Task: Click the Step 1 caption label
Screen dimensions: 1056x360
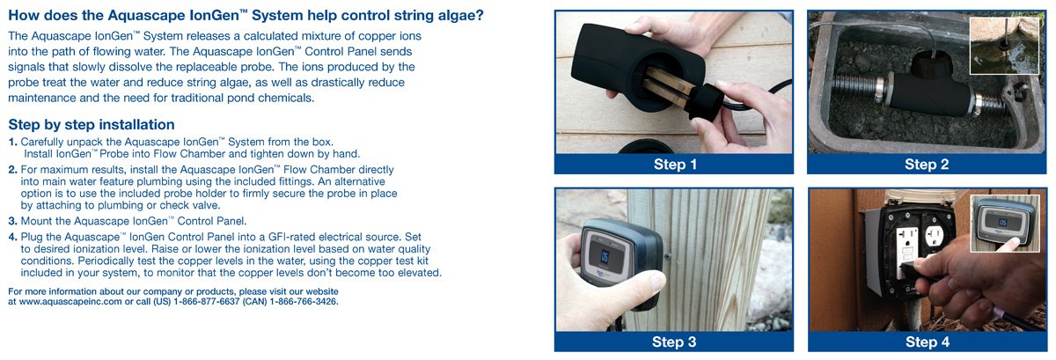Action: pos(675,165)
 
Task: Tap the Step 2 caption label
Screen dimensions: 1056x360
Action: pos(927,165)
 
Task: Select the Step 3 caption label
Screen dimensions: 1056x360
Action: pos(674,342)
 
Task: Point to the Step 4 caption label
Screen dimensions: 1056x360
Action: pos(928,342)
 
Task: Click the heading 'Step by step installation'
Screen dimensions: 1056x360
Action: pos(92,125)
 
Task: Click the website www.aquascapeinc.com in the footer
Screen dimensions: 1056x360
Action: pos(70,302)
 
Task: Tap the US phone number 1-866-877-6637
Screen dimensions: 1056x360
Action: pos(207,302)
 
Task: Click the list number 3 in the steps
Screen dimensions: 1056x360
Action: pos(12,221)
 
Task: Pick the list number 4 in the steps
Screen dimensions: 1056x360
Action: pos(12,237)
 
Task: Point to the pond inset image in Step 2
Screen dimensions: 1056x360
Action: pos(1004,46)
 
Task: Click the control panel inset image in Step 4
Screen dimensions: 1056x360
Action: pos(1005,224)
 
